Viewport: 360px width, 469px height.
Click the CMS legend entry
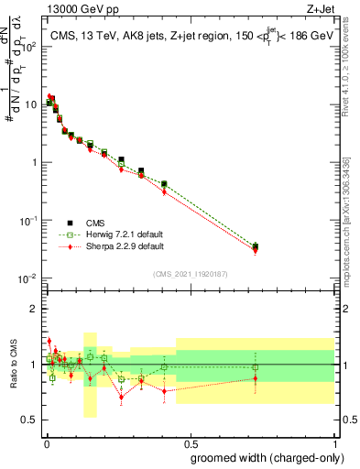tap(96, 223)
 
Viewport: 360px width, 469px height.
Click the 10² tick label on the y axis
tap(27, 47)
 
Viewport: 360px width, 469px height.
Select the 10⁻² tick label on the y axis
tap(27, 278)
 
